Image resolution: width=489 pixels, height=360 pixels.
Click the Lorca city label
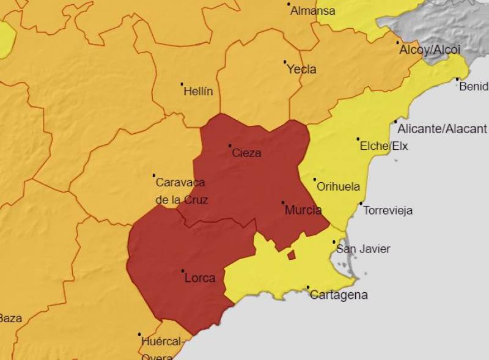(200, 279)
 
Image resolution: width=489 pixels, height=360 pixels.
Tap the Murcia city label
(303, 210)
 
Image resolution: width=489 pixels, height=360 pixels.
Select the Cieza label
(246, 153)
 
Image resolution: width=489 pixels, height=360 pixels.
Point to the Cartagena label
(339, 295)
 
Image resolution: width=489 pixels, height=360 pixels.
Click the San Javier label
(363, 249)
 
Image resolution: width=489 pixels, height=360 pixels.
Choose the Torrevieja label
(388, 210)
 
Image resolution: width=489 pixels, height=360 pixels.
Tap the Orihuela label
(338, 187)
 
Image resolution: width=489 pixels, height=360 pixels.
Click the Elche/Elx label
(384, 146)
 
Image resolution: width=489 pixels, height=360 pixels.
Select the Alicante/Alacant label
(442, 129)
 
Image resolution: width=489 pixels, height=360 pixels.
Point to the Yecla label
(302, 70)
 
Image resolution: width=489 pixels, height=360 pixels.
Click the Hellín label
(199, 92)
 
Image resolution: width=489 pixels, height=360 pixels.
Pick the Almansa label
(313, 11)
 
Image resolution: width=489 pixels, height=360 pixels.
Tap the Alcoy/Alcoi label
(430, 50)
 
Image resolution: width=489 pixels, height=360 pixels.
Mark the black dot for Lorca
(183, 271)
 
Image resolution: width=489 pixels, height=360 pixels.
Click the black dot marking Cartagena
(307, 287)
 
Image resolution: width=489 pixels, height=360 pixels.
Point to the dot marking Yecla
(285, 62)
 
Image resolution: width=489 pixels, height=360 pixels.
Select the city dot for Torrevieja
(361, 204)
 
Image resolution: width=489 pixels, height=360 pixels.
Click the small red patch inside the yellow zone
(292, 255)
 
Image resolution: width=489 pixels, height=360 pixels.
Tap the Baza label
(10, 318)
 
